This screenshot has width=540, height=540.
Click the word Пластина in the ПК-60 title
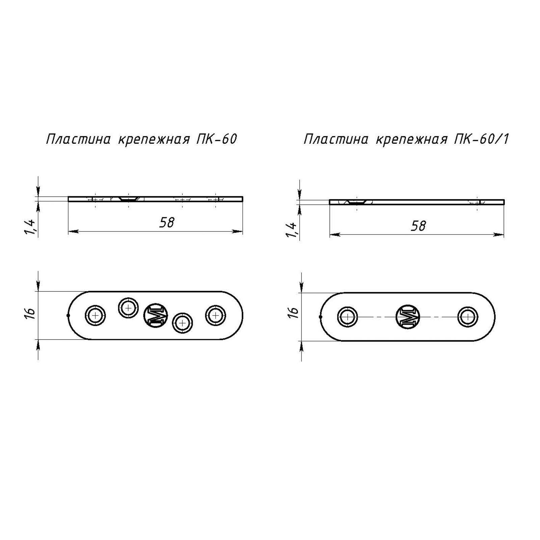point(78,139)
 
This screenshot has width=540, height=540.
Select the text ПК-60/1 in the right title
point(481,139)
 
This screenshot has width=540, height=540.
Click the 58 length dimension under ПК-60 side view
point(167,222)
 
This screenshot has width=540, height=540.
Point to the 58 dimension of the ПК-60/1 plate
point(418,226)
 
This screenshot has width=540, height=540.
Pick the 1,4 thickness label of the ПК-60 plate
point(30,227)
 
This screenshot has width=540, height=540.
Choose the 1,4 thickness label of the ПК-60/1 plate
point(292,230)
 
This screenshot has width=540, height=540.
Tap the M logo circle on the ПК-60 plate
point(156,315)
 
